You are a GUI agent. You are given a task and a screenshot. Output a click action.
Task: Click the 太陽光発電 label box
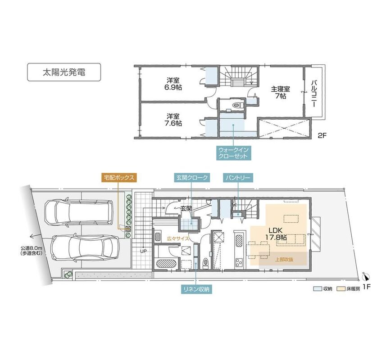tap(64, 72)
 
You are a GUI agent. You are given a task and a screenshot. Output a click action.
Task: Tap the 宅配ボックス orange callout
tap(119, 178)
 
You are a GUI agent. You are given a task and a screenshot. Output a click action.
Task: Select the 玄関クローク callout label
tap(192, 178)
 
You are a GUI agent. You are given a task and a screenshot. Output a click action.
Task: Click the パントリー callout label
tap(238, 178)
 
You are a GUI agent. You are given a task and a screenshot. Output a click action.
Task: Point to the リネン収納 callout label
tap(196, 289)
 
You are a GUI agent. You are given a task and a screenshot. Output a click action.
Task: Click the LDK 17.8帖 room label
tap(276, 234)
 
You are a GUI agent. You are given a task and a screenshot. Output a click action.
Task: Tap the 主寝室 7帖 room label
tap(281, 92)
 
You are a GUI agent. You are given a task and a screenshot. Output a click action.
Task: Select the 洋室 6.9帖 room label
tap(173, 84)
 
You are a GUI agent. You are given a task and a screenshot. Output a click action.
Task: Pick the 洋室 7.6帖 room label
tap(173, 120)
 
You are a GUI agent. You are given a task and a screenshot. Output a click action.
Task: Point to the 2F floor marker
tap(322, 135)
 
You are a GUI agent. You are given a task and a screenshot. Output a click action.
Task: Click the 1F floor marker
tap(367, 287)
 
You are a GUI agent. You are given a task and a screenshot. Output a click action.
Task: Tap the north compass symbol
tap(367, 277)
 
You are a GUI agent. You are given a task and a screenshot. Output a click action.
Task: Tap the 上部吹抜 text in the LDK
tap(284, 259)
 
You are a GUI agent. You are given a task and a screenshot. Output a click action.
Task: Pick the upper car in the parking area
tap(79, 212)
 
